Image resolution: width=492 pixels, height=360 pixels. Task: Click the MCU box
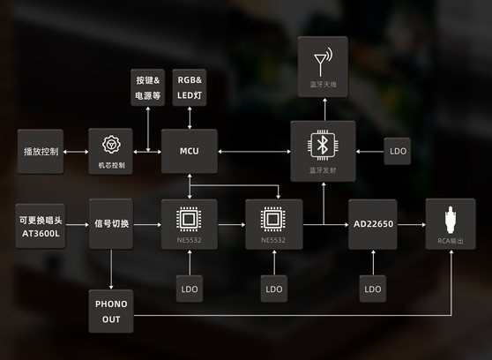[190, 151]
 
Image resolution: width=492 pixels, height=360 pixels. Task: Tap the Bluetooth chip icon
[323, 145]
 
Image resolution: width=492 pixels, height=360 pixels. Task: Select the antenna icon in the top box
[323, 62]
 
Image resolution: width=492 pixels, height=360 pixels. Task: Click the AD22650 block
[373, 224]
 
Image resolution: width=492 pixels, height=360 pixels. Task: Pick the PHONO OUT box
[111, 311]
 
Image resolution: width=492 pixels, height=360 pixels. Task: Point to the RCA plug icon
[451, 220]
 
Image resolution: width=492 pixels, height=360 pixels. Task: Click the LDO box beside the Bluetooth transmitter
[398, 151]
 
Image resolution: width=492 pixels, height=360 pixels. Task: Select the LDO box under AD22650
[373, 289]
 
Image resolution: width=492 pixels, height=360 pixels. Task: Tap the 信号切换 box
[111, 223]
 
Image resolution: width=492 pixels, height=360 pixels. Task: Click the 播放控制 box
[41, 152]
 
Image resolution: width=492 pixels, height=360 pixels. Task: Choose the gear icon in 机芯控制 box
[111, 145]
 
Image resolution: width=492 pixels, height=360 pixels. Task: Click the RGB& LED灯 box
[190, 87]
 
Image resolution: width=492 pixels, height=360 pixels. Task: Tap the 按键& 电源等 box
[147, 87]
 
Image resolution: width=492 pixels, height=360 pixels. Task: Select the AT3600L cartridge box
[41, 226]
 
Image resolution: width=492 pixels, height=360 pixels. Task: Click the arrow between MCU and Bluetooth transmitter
[254, 152]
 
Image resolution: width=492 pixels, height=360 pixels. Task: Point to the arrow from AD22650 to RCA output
[412, 225]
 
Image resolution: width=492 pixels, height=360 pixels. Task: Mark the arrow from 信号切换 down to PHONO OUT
[111, 269]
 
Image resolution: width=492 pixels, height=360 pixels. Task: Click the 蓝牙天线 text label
[323, 85]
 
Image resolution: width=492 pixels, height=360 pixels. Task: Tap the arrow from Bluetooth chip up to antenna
[324, 109]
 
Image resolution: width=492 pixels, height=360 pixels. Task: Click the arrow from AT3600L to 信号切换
[78, 225]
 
